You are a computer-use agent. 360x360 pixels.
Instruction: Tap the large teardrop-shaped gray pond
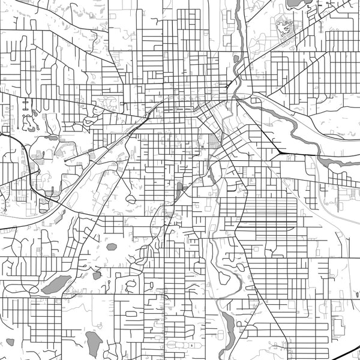pos(94,342)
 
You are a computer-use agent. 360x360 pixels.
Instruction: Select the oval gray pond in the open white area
pos(112,246)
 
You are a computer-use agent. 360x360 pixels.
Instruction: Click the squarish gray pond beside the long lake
pos(97,275)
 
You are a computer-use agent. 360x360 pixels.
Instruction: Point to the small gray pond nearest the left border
pos(10,342)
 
